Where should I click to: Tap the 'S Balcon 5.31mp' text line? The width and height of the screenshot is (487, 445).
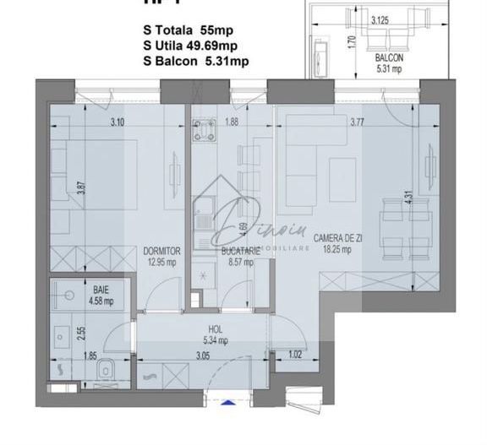coord(195,60)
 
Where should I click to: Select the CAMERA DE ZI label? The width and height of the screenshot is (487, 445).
coord(338,240)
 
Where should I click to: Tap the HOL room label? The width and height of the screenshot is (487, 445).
coord(216,330)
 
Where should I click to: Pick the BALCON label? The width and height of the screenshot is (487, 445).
coord(389,58)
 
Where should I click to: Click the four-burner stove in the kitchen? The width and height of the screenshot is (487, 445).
coord(204,130)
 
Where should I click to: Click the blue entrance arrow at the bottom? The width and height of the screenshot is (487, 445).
coord(227,404)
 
